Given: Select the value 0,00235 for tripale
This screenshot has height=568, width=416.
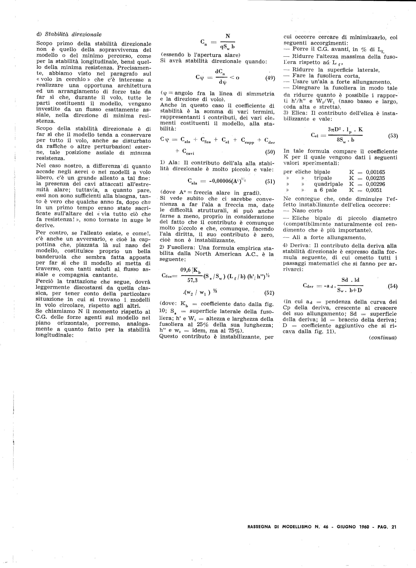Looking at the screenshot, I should [375, 178].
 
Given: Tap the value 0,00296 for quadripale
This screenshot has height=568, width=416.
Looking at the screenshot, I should [375, 184].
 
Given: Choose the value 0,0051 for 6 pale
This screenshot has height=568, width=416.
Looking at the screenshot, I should [374, 190].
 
